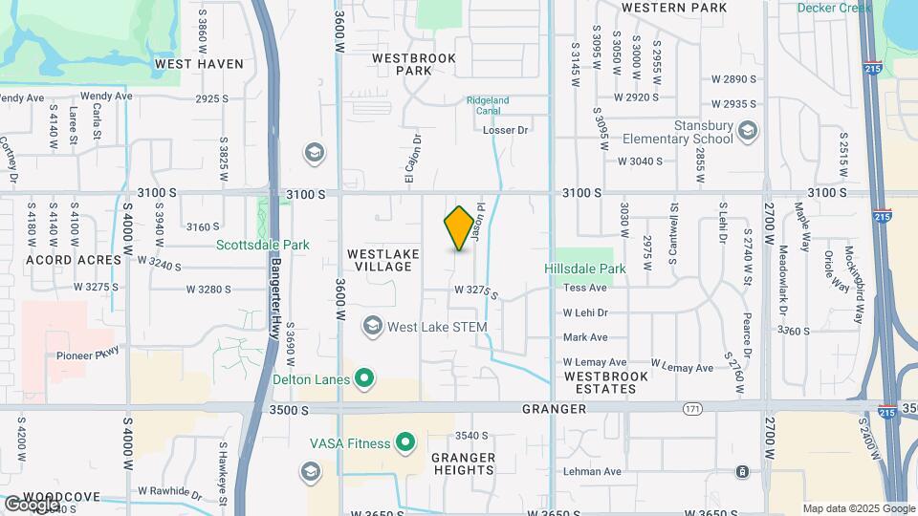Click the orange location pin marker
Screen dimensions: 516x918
click(460, 228)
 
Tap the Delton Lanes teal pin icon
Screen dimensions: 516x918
click(364, 380)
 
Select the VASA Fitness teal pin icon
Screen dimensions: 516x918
click(405, 443)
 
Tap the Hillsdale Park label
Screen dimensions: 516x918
click(585, 269)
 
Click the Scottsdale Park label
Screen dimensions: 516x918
click(263, 245)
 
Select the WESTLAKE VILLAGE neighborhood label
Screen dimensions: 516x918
click(379, 260)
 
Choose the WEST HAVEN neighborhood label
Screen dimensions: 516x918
click(199, 64)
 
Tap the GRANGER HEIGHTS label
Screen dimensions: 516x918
click(463, 464)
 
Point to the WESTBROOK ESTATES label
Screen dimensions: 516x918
click(606, 383)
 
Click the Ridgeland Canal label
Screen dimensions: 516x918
click(488, 105)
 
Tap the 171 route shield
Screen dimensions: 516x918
click(691, 409)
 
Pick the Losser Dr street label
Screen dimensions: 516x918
click(506, 130)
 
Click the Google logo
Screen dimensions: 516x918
click(33, 504)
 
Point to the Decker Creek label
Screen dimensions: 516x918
click(834, 8)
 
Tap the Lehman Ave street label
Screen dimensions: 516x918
click(593, 472)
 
